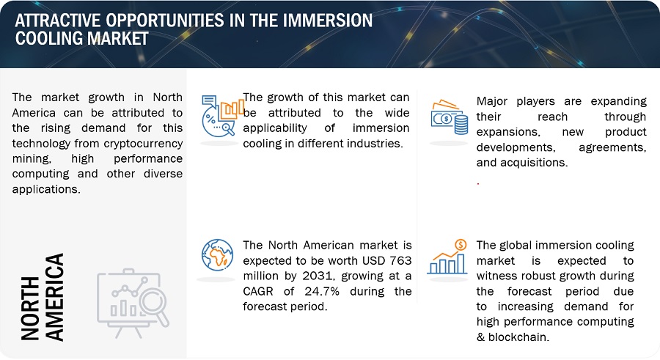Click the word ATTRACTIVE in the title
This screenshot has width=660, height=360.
point(58,21)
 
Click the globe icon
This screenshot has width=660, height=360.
point(217,254)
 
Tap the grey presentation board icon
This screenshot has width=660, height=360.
point(133,303)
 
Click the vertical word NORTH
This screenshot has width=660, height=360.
point(30,308)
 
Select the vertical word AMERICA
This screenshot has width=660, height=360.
point(54,297)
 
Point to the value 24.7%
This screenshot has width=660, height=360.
point(322,291)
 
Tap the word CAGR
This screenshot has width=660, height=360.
point(258,291)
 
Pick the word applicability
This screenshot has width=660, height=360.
point(275,128)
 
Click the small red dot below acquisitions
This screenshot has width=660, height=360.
point(478,183)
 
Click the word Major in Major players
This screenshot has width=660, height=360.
point(491,101)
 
